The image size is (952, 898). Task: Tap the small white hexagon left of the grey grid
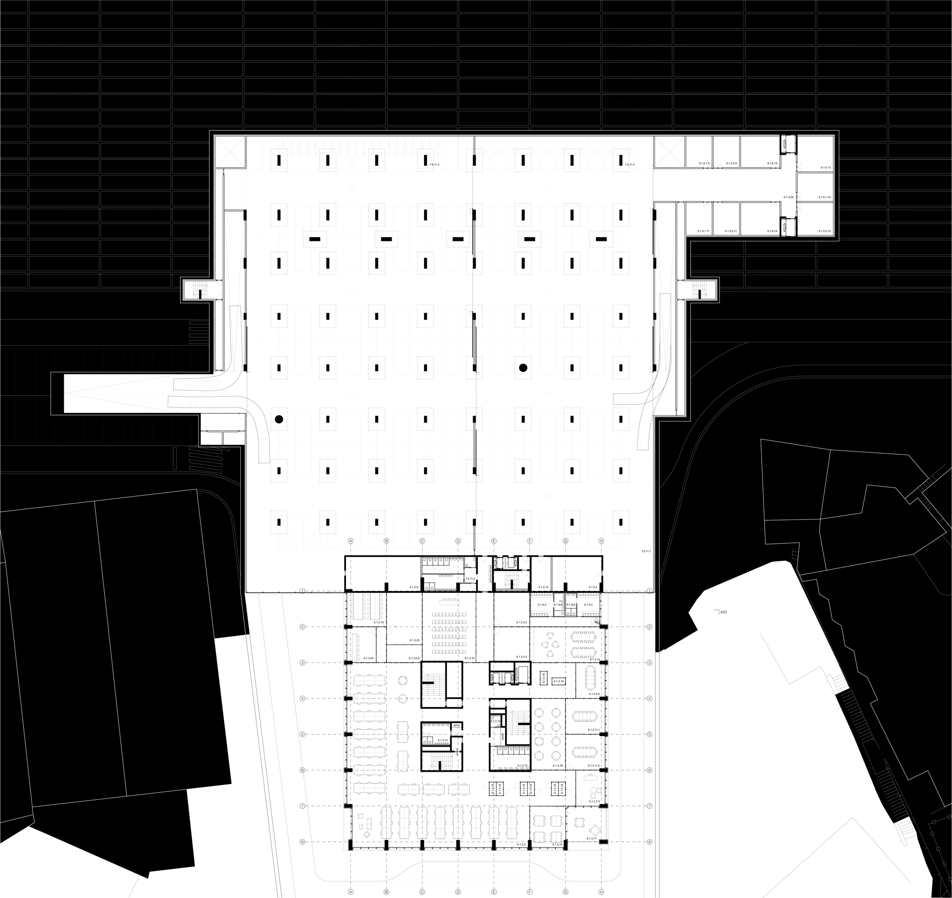click(x=256, y=516)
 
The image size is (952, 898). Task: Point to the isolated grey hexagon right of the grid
click(x=666, y=396)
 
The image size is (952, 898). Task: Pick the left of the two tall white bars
click(x=358, y=606)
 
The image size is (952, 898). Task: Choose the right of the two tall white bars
click(x=374, y=606)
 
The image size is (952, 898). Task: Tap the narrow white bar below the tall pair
click(x=355, y=646)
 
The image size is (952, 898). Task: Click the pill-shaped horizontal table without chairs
click(x=585, y=752)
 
